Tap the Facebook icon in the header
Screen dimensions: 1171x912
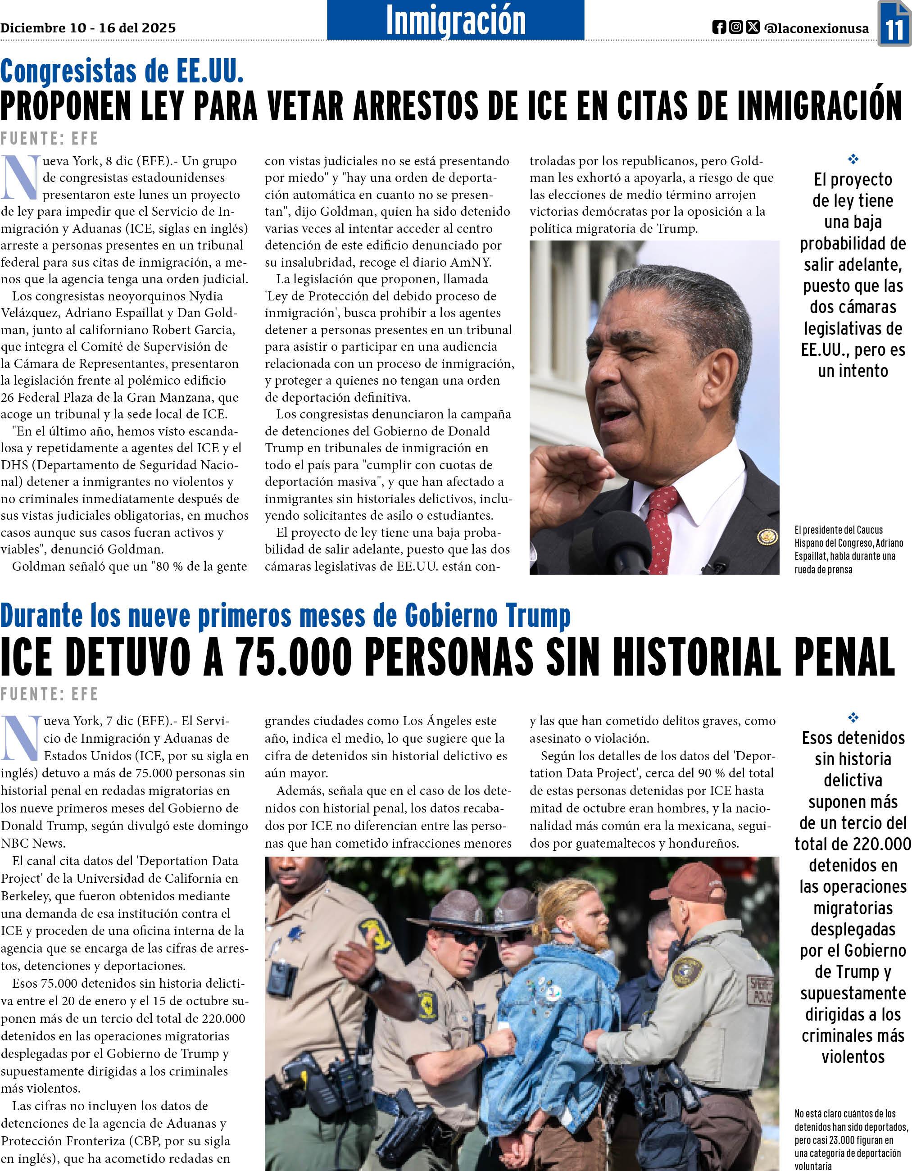(719, 27)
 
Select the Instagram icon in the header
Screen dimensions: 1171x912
(736, 27)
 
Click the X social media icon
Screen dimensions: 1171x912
(753, 27)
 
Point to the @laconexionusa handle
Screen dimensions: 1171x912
(817, 28)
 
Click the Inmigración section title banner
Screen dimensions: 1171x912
(455, 20)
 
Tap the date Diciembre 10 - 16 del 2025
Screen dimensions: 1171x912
(88, 28)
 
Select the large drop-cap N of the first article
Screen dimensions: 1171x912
(20, 177)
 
